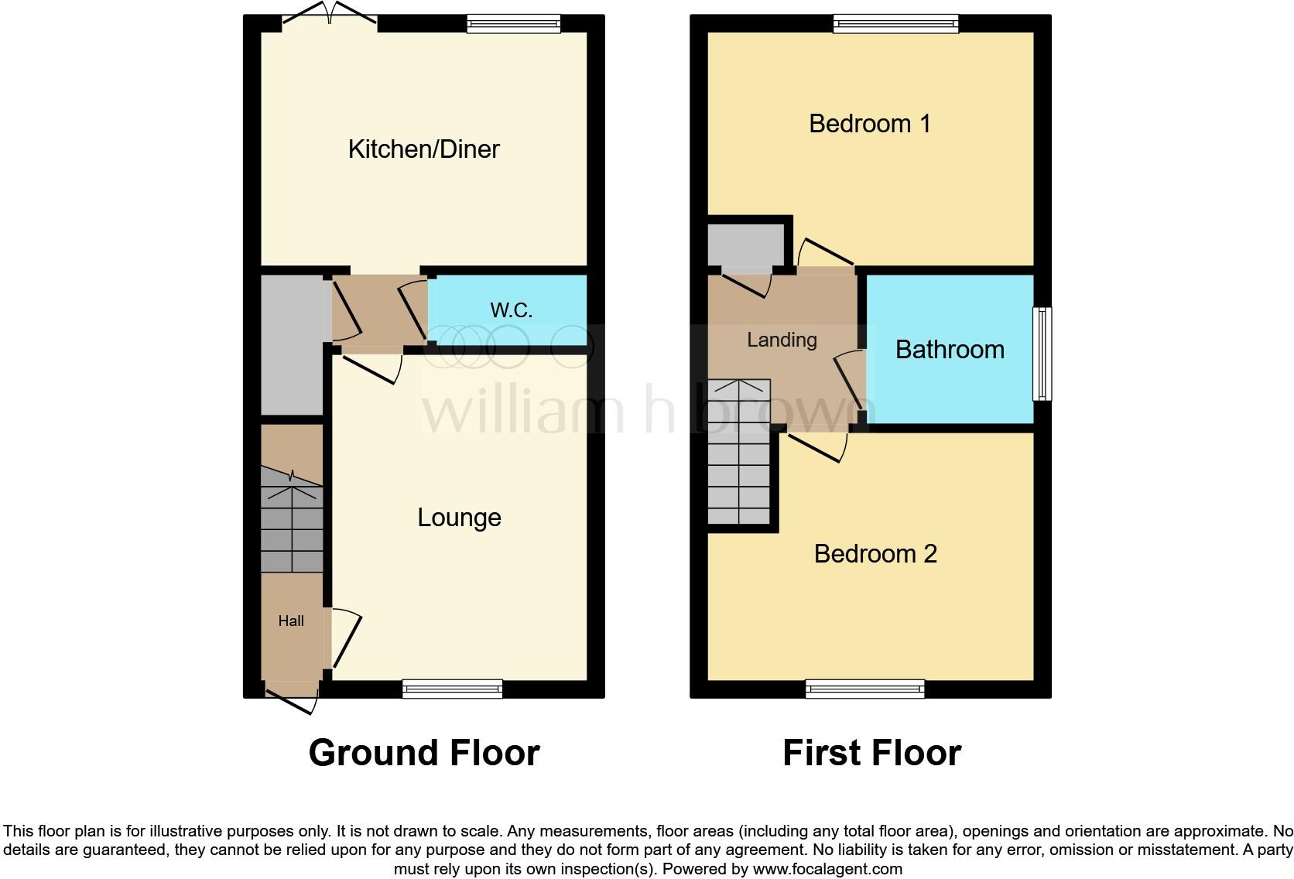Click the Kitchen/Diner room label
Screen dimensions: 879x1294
click(x=423, y=149)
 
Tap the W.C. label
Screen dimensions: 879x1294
click(x=511, y=310)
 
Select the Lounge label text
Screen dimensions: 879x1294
click(x=459, y=517)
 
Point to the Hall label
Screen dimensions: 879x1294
click(x=291, y=621)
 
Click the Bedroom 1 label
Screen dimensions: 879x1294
click(x=869, y=123)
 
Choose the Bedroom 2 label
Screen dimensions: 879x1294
click(x=875, y=553)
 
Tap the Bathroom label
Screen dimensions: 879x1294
click(x=950, y=350)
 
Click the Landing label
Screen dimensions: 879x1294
click(x=782, y=340)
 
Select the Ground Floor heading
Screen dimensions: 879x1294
click(x=424, y=752)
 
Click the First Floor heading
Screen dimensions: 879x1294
click(x=871, y=752)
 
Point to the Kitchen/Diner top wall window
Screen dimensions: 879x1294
click(x=514, y=25)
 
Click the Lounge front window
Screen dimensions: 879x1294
click(x=453, y=688)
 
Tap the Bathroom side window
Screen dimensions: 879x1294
click(x=1042, y=354)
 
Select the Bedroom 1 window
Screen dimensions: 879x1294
click(x=895, y=25)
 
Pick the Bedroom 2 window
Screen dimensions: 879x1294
click(x=864, y=688)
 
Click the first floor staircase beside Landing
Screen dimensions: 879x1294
click(x=739, y=453)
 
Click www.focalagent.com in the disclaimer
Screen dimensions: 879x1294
click(x=827, y=869)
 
